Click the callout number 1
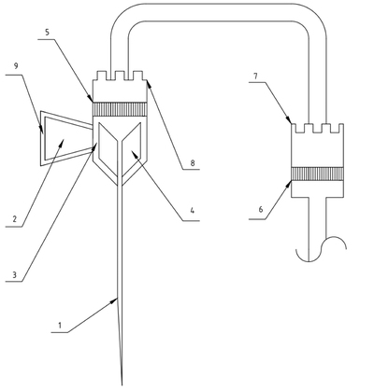(60, 326)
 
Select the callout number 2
(15, 219)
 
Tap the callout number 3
(14, 274)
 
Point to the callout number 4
(193, 211)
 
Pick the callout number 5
(47, 33)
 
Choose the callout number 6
(261, 210)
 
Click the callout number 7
(255, 76)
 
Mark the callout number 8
(193, 163)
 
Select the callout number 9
(16, 65)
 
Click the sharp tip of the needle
(122, 385)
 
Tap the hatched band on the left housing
(120, 109)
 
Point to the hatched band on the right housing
(317, 174)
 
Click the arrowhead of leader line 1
(114, 299)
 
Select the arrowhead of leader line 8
(149, 82)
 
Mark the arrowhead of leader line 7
(289, 120)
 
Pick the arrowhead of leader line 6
(289, 184)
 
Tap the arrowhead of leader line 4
(134, 153)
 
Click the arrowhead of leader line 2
(63, 143)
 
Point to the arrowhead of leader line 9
(41, 130)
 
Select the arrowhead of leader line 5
(90, 99)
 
